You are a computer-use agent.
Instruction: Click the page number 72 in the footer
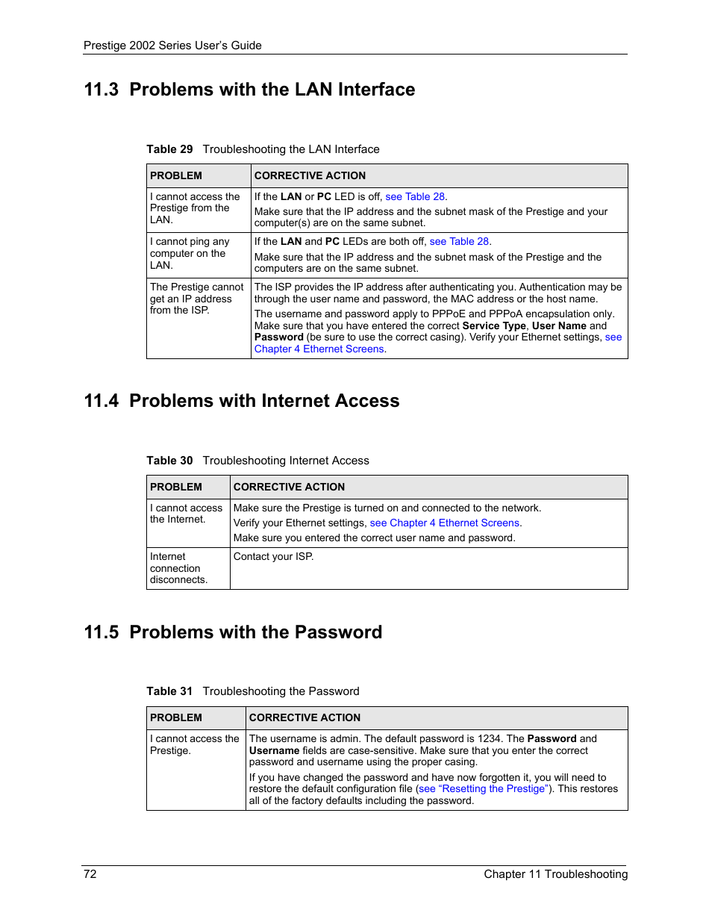click(90, 873)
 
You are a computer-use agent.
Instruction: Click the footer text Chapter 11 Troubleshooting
click(555, 873)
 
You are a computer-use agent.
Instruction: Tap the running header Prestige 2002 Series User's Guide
click(172, 46)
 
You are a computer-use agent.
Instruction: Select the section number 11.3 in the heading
click(102, 90)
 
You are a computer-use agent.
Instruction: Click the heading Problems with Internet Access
click(264, 401)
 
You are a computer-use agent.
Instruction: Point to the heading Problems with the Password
click(255, 632)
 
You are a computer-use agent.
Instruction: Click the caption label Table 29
click(169, 149)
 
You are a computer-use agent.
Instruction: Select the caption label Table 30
click(169, 461)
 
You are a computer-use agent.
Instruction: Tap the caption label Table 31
click(169, 691)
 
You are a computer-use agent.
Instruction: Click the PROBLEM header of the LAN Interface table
click(176, 175)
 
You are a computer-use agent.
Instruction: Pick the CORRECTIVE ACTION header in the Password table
click(305, 717)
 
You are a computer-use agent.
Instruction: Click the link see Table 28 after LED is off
click(415, 196)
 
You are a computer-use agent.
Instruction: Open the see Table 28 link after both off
click(459, 241)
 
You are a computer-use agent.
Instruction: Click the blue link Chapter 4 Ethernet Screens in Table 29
click(319, 349)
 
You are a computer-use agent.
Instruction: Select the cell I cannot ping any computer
click(190, 253)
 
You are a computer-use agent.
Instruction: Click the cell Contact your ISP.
click(273, 556)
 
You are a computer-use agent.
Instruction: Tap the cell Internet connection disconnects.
click(178, 568)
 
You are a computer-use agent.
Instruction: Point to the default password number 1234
click(489, 738)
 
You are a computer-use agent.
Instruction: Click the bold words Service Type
click(494, 325)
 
